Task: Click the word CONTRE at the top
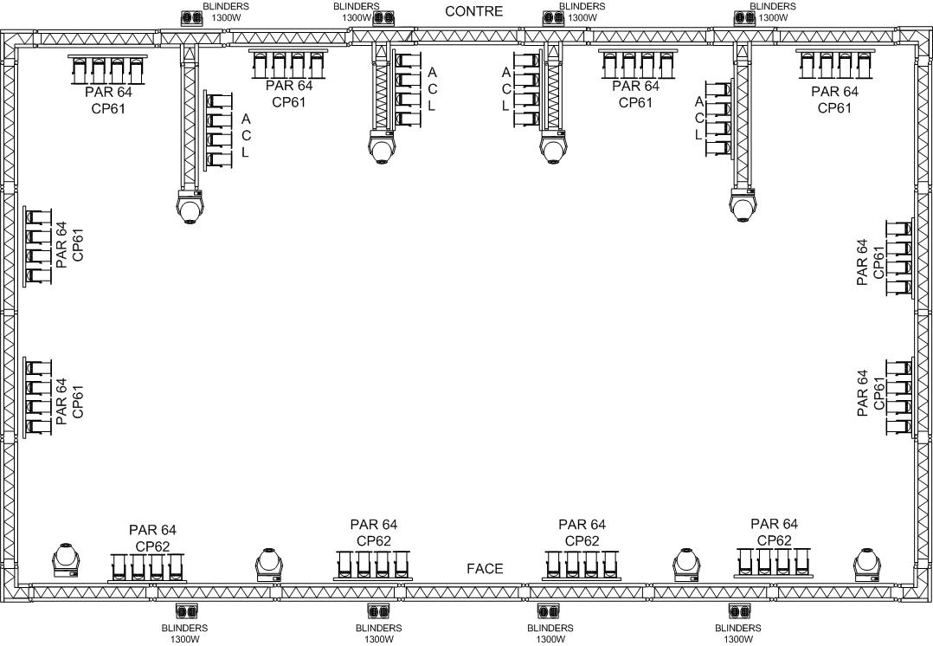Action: (473, 11)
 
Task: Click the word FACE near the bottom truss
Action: (485, 569)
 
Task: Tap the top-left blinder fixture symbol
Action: (191, 18)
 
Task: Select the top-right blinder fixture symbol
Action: (743, 18)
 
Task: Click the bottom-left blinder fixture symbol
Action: (186, 611)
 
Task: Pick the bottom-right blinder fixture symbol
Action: (740, 611)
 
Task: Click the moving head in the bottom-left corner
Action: (66, 560)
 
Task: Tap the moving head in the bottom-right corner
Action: (867, 565)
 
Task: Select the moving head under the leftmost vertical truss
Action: (190, 206)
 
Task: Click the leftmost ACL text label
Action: (246, 136)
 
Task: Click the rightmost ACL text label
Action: (699, 119)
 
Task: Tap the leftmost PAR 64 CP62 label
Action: (153, 539)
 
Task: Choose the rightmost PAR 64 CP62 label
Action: (774, 532)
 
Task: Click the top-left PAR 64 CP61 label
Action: (108, 100)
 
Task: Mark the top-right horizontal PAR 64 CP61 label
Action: (835, 100)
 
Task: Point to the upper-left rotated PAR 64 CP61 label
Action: (69, 245)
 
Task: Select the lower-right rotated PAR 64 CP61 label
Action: (871, 393)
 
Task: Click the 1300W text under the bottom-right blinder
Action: (738, 639)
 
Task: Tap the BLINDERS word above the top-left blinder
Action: (226, 7)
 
